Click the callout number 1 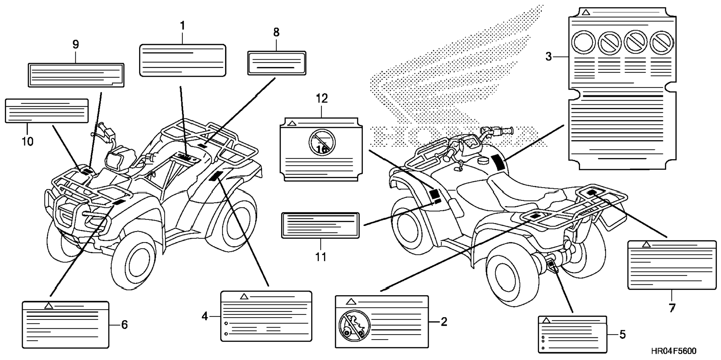coord(182,26)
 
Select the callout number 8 coord(276,32)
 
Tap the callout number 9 coord(76,45)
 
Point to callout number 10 coord(28,142)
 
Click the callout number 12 coord(322,99)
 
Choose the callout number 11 coord(321,257)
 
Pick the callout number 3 coord(548,57)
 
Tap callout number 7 coord(672,308)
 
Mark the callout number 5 coord(623,335)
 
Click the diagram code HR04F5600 coord(674,351)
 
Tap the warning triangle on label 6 coord(48,306)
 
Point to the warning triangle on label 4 coord(244,297)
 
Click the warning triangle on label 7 coord(646,244)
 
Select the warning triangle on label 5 coord(547,320)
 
